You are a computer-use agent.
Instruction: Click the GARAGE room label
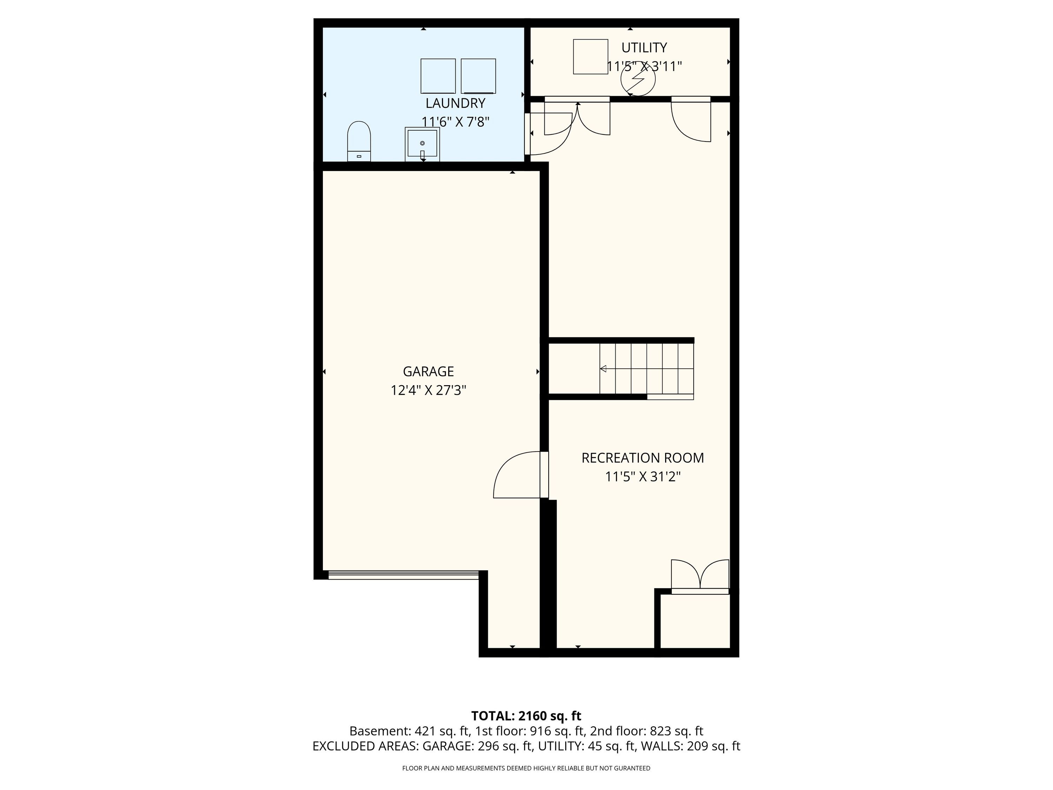(428, 371)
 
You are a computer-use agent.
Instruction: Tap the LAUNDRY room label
(455, 103)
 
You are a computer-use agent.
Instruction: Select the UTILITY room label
(644, 48)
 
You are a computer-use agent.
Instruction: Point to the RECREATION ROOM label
(643, 457)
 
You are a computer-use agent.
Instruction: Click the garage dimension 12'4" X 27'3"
(428, 390)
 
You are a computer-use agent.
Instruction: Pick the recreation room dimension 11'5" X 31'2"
(643, 477)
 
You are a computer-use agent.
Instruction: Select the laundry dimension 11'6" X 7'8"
(455, 122)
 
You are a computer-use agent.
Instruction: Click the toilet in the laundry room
(359, 141)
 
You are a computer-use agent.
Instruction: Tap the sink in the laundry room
(422, 144)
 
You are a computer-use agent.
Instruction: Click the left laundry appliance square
(438, 76)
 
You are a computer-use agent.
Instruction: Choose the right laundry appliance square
(478, 76)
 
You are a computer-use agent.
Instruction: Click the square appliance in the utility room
(590, 57)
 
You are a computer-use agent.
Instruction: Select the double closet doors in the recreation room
(700, 577)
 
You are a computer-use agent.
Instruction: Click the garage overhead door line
(403, 575)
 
